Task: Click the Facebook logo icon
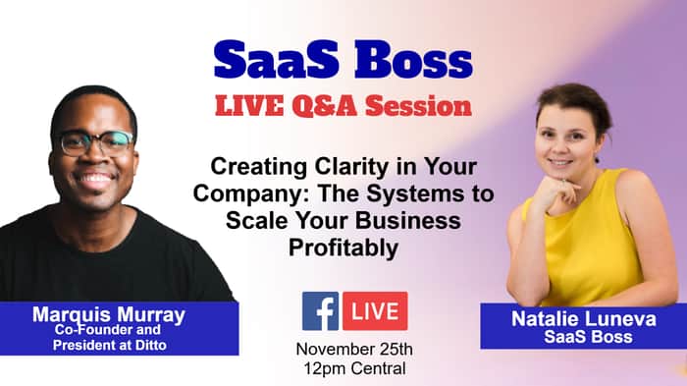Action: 320,311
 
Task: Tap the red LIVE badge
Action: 375,311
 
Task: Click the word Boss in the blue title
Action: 413,60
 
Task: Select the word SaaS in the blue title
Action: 277,60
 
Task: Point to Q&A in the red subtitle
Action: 324,106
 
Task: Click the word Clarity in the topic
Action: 351,167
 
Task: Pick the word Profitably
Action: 343,248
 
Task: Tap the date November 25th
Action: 354,349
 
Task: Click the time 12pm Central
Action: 354,368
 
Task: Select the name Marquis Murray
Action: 109,314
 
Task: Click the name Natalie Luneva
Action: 584,319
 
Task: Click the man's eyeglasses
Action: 96,142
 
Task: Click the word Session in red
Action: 418,106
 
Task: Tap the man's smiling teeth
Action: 95,178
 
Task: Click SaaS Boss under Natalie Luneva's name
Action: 589,337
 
